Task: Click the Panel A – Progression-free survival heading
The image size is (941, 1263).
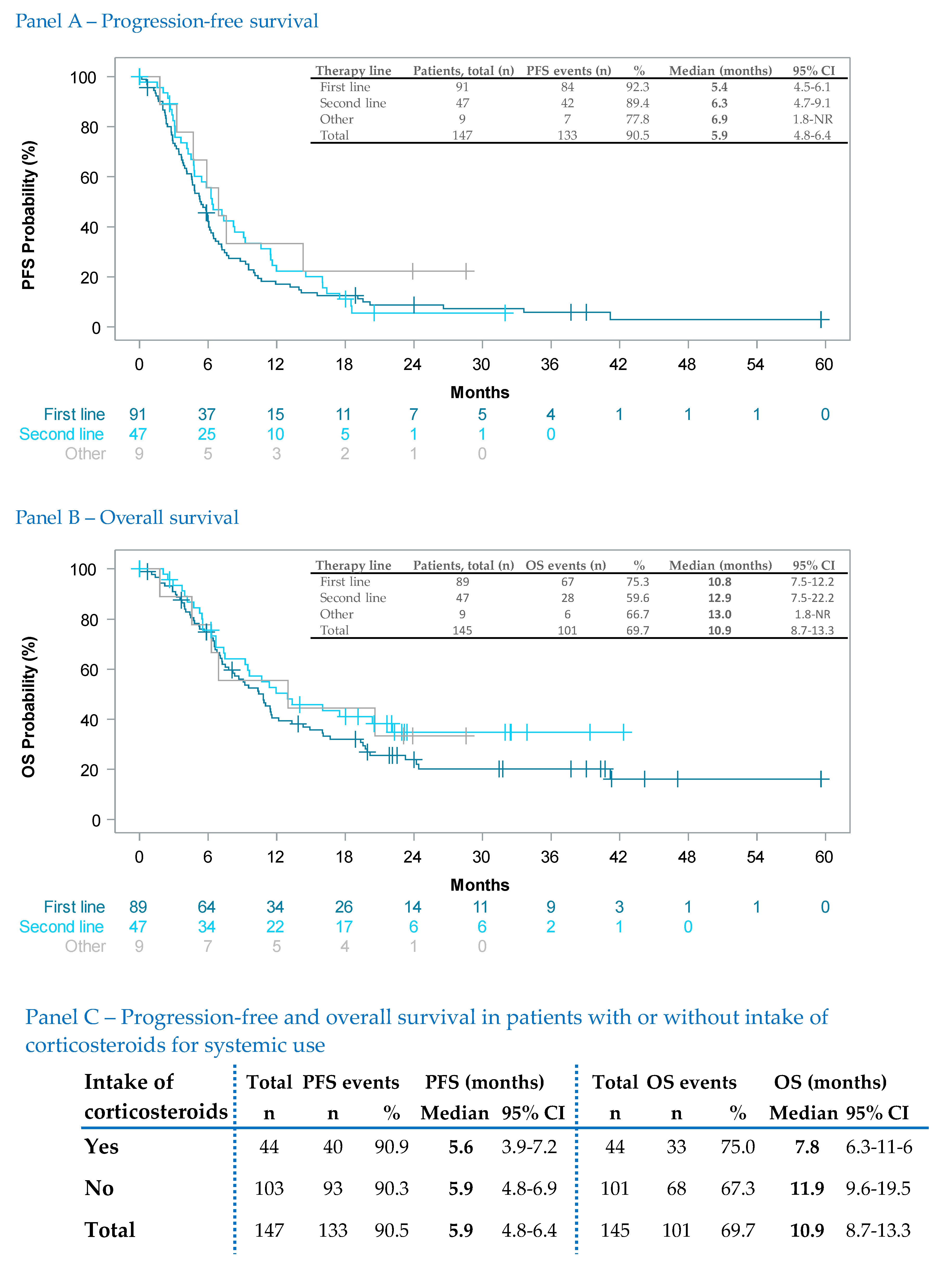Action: (166, 22)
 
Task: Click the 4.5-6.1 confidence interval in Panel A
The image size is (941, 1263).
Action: (812, 87)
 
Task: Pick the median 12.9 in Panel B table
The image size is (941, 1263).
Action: (719, 598)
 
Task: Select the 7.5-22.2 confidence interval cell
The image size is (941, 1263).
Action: (812, 598)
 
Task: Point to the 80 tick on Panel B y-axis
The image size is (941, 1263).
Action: (90, 620)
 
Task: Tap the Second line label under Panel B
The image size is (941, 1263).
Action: (61, 927)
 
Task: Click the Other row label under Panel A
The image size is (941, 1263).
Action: (85, 454)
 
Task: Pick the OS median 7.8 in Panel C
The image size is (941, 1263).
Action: (807, 1147)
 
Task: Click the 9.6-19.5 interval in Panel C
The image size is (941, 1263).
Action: (878, 1188)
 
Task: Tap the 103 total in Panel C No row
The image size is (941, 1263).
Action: (269, 1188)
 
